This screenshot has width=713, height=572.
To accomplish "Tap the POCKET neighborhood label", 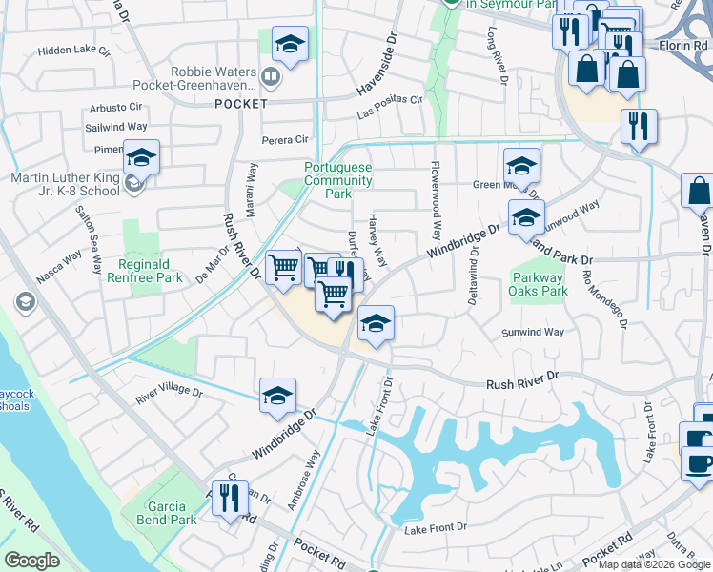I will [241, 103].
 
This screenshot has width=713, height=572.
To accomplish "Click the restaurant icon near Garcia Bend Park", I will [230, 500].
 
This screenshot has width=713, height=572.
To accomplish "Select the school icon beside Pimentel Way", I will [142, 157].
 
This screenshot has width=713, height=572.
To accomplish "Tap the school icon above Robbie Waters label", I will [290, 44].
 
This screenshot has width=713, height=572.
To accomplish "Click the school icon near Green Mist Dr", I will [521, 166].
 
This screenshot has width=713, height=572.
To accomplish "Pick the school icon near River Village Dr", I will [277, 397].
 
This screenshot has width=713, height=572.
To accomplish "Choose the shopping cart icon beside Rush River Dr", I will [283, 268].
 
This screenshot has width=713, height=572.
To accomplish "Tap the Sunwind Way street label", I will [533, 333].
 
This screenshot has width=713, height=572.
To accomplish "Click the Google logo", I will [32, 560].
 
